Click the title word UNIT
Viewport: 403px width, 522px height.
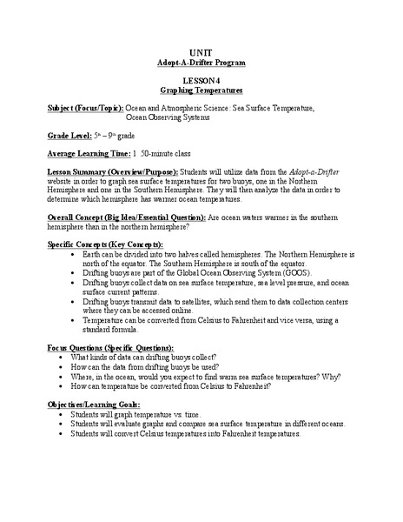(201, 51)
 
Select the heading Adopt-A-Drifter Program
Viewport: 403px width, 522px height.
(201, 64)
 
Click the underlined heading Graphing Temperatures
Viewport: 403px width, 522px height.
(201, 90)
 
